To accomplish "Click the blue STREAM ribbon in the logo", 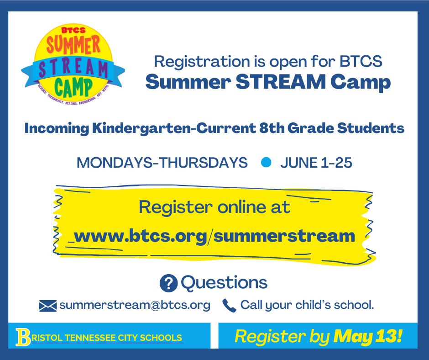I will (73, 69).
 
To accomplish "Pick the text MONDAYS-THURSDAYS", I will (162, 163).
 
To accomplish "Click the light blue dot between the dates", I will (266, 162).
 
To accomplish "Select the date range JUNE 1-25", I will (316, 163).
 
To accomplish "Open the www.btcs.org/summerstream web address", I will (214, 236).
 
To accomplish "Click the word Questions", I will (224, 282).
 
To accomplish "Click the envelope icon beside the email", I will (48, 306).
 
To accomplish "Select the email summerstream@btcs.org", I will (135, 305).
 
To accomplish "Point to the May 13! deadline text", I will (368, 336).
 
